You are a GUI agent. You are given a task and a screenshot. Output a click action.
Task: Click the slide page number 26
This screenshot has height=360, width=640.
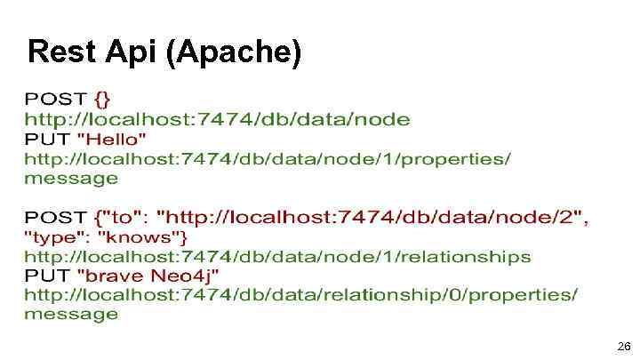[623, 346]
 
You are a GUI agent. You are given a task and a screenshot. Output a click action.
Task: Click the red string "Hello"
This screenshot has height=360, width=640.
[112, 139]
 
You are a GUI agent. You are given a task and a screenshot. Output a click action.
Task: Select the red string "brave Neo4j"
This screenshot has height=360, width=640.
[148, 276]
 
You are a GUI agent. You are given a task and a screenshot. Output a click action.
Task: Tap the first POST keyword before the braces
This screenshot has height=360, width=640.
[55, 98]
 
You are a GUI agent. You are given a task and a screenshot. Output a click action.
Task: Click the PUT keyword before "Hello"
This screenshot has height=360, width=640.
[47, 139]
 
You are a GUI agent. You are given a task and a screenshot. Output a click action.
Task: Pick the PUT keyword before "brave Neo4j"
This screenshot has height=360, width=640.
[47, 276]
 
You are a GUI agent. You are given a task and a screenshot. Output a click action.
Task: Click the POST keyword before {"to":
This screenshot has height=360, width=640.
[55, 217]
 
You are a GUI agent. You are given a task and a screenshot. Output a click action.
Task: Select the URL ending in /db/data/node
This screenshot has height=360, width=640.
[217, 118]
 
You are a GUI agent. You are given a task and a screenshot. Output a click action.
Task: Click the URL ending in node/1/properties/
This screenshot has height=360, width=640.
[267, 159]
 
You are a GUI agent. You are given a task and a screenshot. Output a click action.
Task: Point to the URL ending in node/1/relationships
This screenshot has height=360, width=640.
[276, 257]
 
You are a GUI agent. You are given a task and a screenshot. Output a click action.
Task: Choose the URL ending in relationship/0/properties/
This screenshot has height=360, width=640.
[300, 294]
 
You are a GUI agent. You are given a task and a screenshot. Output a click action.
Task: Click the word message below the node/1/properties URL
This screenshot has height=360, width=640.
[70, 179]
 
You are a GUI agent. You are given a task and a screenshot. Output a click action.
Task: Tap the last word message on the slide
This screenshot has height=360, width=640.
[70, 314]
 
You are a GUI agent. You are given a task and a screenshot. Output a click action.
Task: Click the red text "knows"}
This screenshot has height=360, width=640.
[142, 237]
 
